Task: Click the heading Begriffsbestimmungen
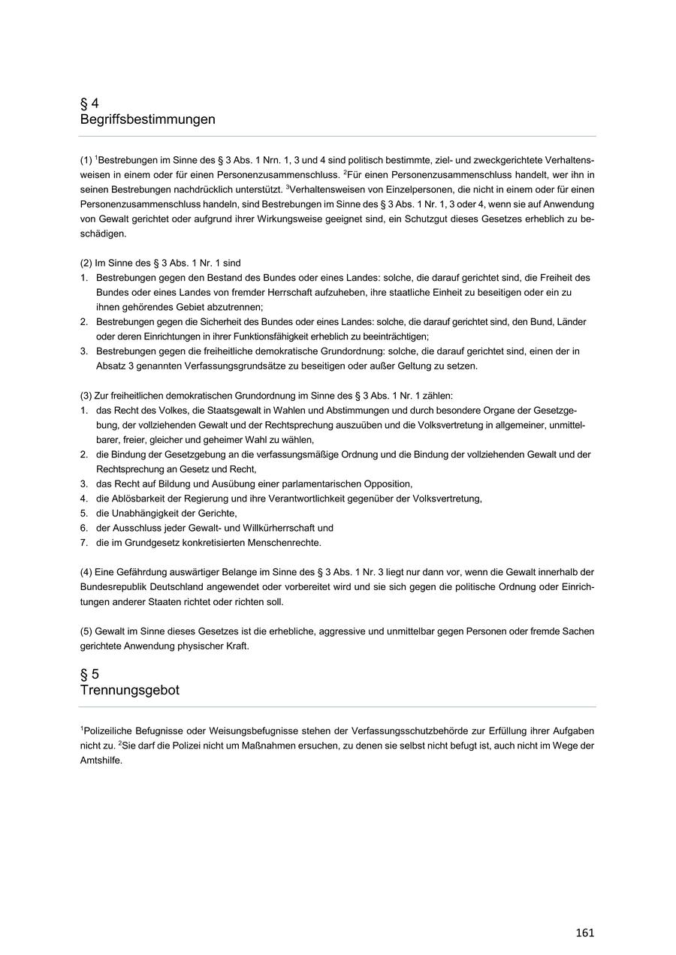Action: point(148,119)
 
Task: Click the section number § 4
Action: point(89,103)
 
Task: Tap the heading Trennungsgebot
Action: point(130,690)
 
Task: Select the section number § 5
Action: point(89,673)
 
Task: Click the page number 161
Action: point(585,932)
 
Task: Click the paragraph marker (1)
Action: point(86,160)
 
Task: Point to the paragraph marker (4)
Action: point(86,573)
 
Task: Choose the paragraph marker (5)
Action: point(86,631)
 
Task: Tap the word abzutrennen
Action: point(234,307)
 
